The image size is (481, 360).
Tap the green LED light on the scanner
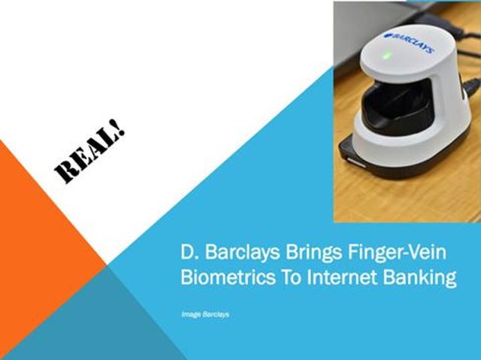(x=387, y=56)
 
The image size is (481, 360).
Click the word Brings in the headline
(x=313, y=253)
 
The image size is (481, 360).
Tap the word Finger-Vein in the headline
(x=397, y=252)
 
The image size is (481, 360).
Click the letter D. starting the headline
(x=189, y=252)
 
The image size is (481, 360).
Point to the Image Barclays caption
(x=205, y=314)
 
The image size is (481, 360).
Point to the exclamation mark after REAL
(x=119, y=127)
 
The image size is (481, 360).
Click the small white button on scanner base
(x=355, y=162)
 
